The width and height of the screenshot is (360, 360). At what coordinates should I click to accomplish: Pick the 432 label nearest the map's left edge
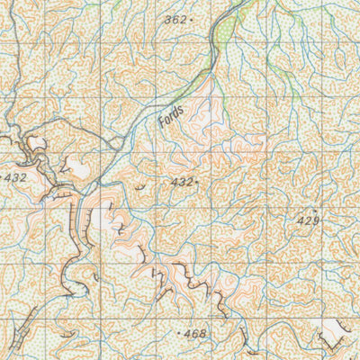click(x=15, y=177)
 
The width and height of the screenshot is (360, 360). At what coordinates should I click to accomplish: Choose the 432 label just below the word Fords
click(x=181, y=182)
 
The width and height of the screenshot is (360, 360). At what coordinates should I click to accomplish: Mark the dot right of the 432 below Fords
click(x=197, y=182)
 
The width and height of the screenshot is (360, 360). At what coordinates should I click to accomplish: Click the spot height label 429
click(x=308, y=220)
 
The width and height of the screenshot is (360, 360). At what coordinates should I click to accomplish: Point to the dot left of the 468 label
click(x=181, y=334)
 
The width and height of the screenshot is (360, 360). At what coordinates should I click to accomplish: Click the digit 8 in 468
click(x=203, y=334)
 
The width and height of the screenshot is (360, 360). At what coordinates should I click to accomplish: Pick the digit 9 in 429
click(x=316, y=220)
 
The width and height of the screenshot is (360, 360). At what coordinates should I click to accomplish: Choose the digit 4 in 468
click(x=188, y=334)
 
